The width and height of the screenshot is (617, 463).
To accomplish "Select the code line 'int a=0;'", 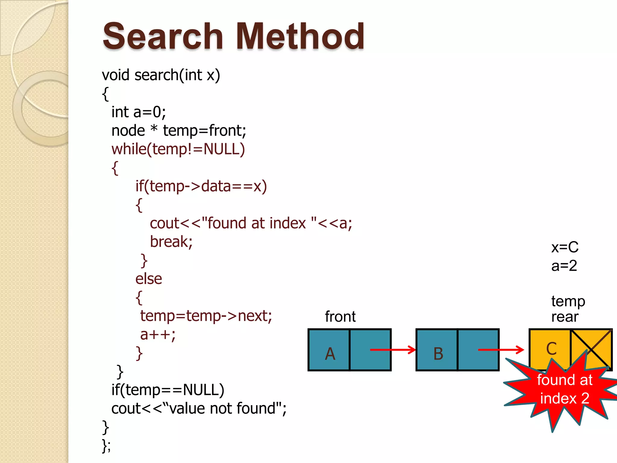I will pyautogui.click(x=139, y=112).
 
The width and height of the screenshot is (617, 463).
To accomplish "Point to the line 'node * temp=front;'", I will pyautogui.click(x=179, y=131).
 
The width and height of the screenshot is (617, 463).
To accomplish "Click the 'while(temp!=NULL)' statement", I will pyautogui.click(x=178, y=149).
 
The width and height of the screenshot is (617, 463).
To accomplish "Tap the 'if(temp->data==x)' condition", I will pyautogui.click(x=201, y=186).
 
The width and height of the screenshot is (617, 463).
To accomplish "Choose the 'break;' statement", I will pyautogui.click(x=171, y=242).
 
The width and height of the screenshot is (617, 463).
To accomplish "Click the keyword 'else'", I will pyautogui.click(x=149, y=279).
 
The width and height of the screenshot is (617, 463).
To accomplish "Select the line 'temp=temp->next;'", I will pyautogui.click(x=206, y=316).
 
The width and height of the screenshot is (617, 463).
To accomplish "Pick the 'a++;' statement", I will pyautogui.click(x=158, y=335).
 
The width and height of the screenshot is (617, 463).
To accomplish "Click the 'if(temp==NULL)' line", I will pyautogui.click(x=168, y=390).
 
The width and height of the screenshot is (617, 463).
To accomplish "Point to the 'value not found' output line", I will pyautogui.click(x=199, y=409).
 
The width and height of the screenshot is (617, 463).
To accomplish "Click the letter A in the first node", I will pyautogui.click(x=330, y=354).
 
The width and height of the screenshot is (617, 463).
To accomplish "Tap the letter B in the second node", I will pyautogui.click(x=438, y=354).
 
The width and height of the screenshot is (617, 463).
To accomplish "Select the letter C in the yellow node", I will pyautogui.click(x=551, y=349).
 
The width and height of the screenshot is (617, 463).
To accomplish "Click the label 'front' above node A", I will pyautogui.click(x=340, y=317).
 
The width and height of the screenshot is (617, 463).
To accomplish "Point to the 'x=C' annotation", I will pyautogui.click(x=565, y=247).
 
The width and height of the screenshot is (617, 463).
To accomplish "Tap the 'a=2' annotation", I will pyautogui.click(x=564, y=266).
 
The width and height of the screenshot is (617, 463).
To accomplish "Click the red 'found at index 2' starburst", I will pyautogui.click(x=564, y=389).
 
